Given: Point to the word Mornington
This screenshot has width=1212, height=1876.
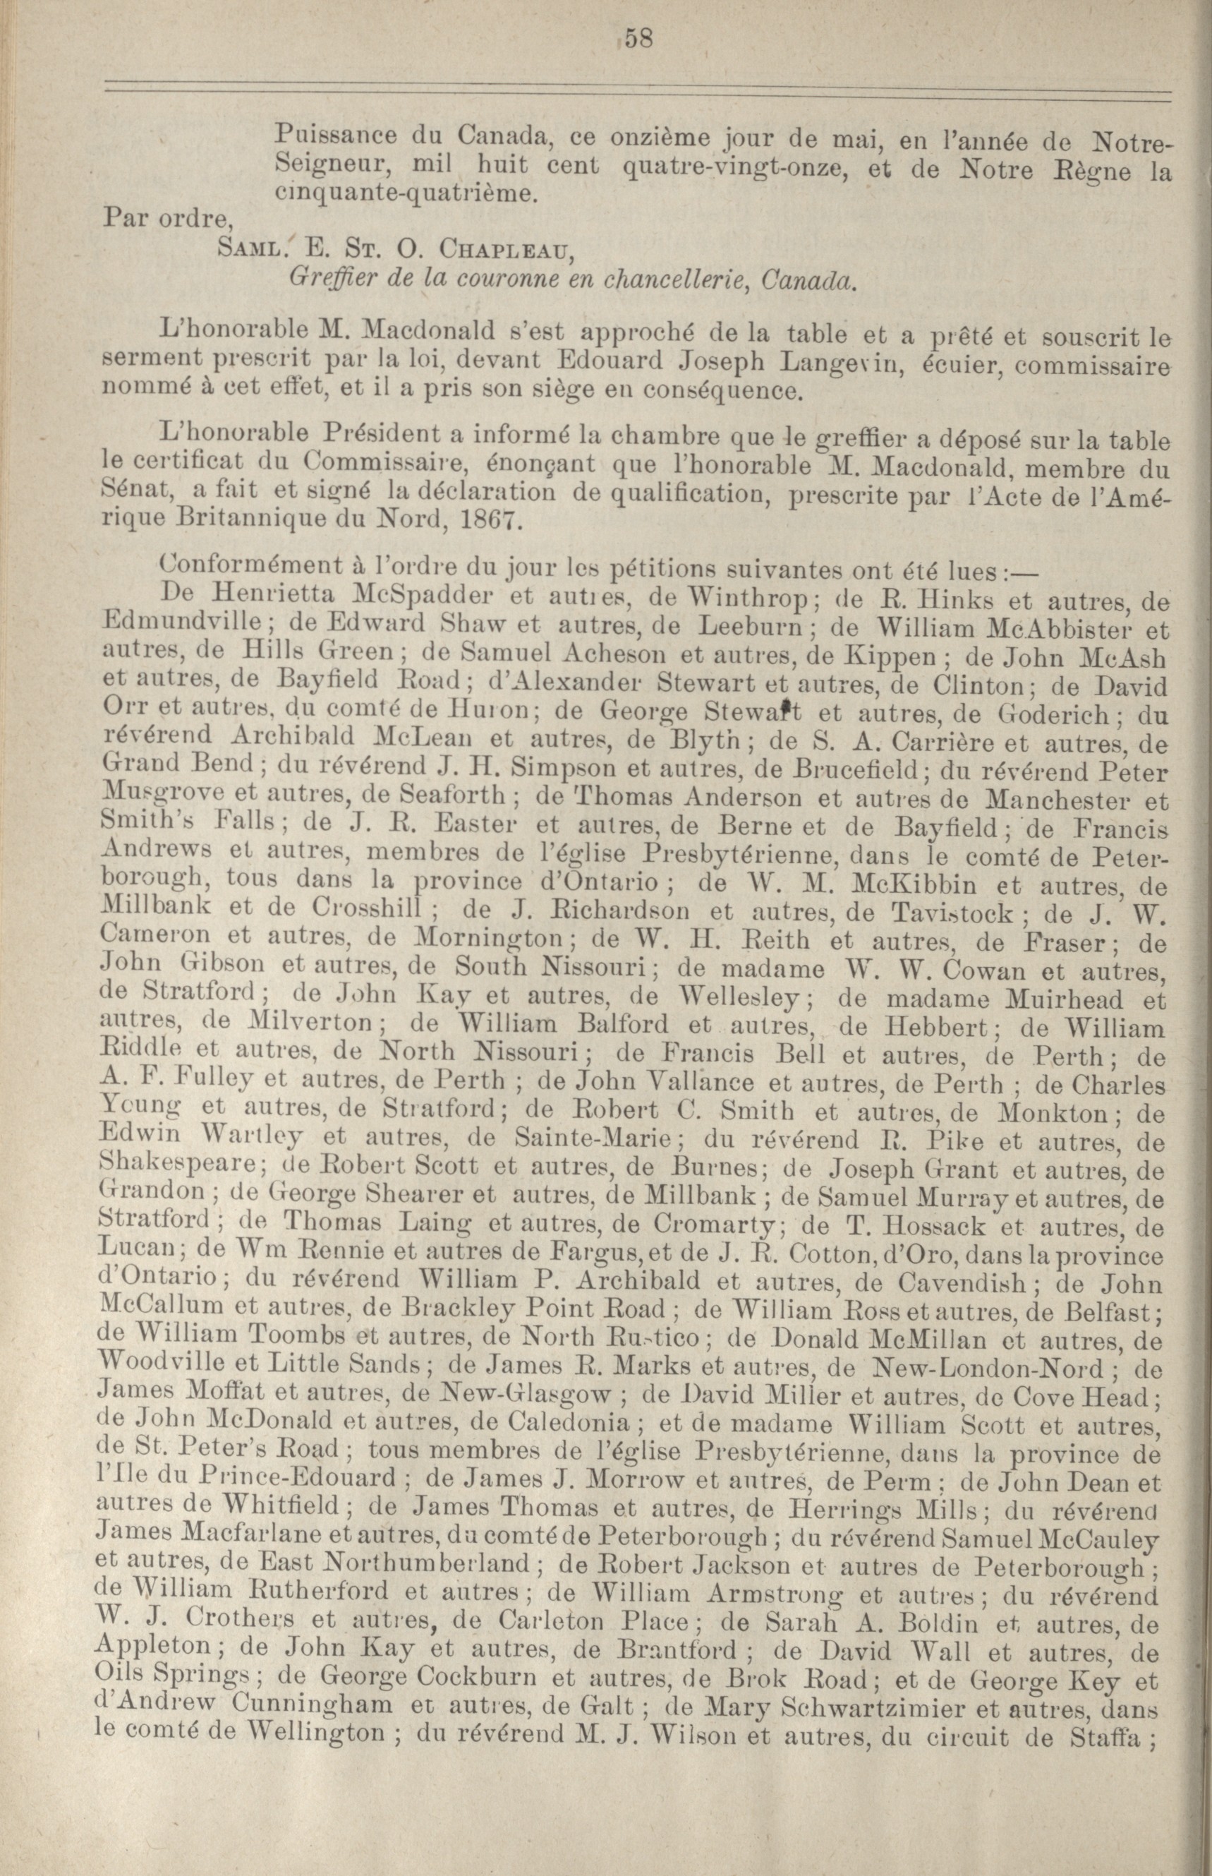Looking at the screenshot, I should pyautogui.click(x=487, y=941).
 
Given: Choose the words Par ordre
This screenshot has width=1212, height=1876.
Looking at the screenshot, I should pyautogui.click(x=163, y=220).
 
